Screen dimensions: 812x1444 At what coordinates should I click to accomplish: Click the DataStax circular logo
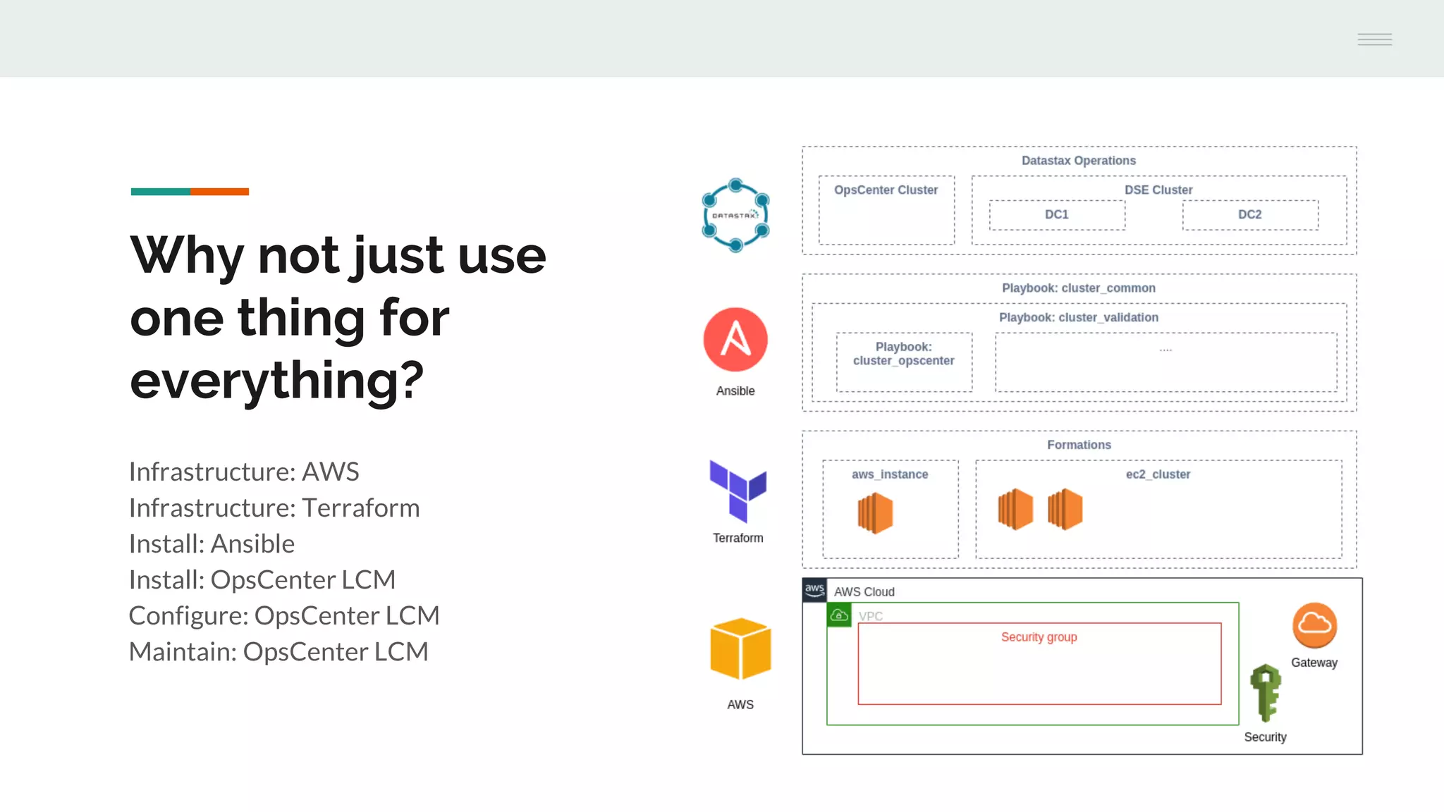coord(735,215)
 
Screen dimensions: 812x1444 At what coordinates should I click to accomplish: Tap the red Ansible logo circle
coord(735,339)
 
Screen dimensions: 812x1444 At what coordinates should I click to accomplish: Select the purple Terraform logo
coord(738,491)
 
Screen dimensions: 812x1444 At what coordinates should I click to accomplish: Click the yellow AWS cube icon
coord(740,648)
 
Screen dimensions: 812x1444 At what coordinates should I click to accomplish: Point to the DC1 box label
coord(1056,214)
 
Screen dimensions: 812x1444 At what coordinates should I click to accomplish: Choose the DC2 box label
coord(1249,214)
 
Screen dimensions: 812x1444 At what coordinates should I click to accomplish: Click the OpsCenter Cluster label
coord(886,190)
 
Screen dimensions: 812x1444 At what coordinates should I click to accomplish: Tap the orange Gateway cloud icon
coord(1314,625)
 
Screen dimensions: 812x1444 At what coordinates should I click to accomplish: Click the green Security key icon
coord(1266,693)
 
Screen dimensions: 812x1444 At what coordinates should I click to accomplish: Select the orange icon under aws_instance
coord(875,512)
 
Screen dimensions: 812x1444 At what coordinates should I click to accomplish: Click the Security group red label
coord(1039,637)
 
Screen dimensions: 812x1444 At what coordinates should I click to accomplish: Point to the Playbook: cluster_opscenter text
coord(903,354)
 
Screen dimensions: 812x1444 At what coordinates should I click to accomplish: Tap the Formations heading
coord(1079,445)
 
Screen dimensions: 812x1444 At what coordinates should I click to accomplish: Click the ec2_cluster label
coord(1158,474)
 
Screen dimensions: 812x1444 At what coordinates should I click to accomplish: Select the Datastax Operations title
coord(1078,161)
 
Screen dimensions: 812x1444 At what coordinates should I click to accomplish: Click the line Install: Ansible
coord(212,544)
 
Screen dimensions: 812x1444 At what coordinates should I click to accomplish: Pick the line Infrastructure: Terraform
coord(274,508)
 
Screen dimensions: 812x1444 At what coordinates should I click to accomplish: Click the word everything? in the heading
coord(276,381)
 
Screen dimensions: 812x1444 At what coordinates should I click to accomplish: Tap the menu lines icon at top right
coord(1374,39)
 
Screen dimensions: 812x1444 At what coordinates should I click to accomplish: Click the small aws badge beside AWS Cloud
coord(814,590)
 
